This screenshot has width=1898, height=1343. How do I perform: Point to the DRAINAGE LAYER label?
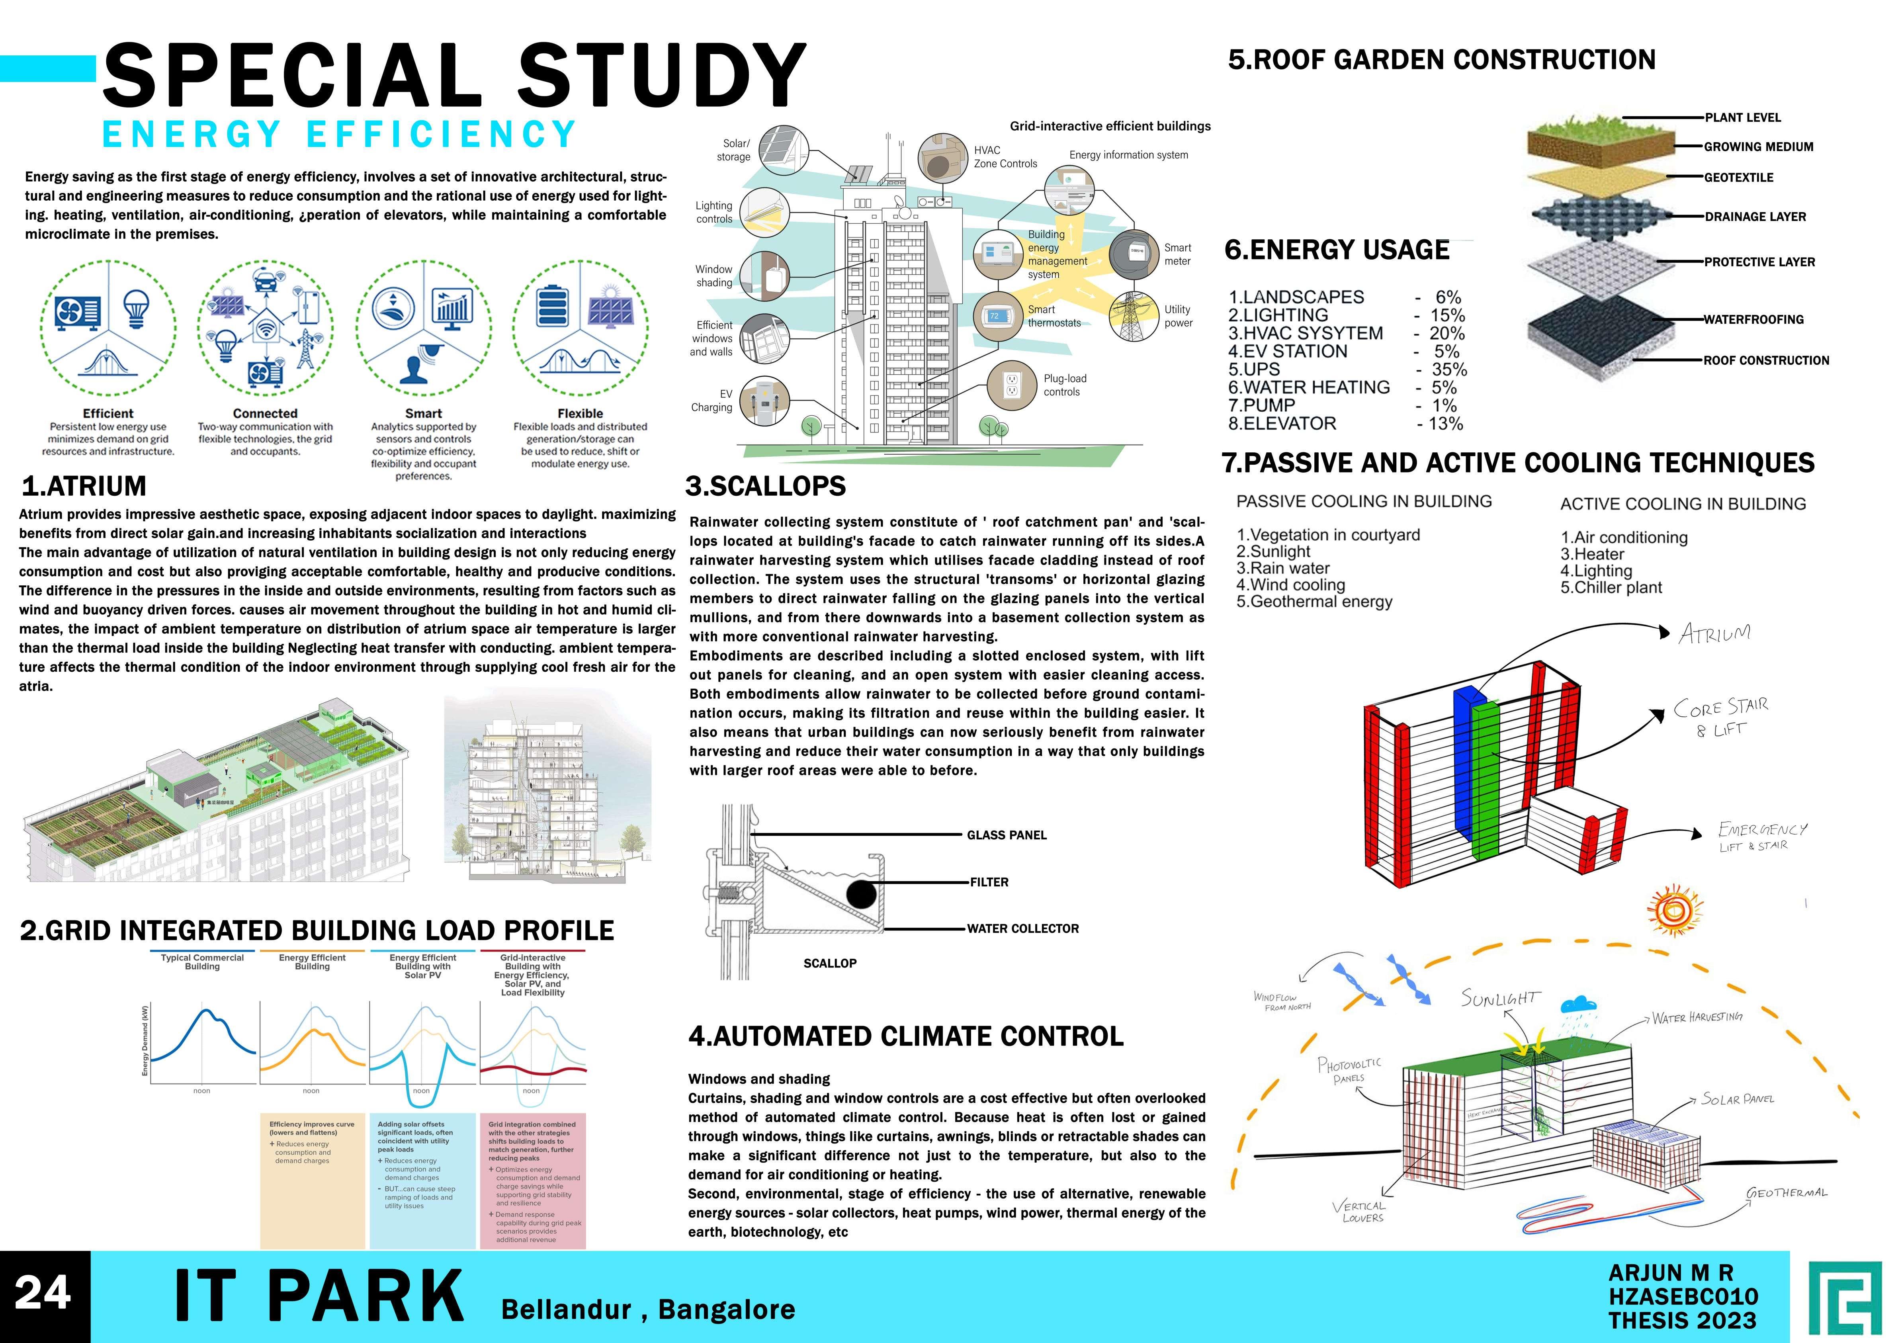(x=1755, y=217)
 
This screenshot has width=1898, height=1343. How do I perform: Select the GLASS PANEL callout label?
(x=1007, y=835)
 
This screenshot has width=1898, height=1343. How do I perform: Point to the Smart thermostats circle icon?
(x=997, y=317)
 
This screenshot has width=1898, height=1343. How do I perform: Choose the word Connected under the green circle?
(x=265, y=413)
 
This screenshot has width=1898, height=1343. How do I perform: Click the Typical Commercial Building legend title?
(x=203, y=962)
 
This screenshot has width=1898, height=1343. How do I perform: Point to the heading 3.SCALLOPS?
(x=765, y=486)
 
